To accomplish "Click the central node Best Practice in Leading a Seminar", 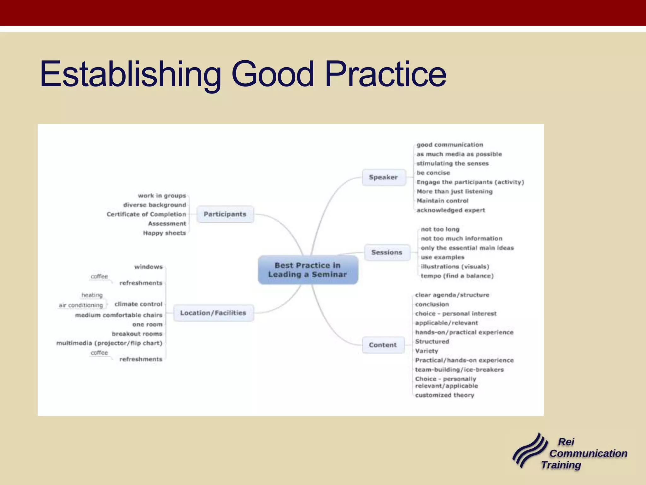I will point(308,270).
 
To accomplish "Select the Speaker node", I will point(383,177).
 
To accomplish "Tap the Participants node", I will point(225,214).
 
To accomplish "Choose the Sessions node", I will point(387,252).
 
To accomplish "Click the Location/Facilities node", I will point(213,313).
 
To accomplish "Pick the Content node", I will point(383,345).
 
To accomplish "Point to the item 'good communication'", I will point(449,145).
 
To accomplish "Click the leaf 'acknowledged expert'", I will point(450,210).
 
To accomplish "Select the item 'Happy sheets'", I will point(164,233).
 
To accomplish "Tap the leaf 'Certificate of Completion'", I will point(146,214).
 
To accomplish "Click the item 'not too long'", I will point(440,229).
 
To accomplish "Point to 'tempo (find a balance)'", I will point(457,276).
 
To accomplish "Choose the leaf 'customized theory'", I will point(444,395).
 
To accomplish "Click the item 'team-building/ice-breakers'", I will point(459,369).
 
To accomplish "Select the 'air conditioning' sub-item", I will point(81,305).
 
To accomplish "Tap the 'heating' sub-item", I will point(92,295).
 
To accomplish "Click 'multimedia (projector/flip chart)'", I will point(109,343).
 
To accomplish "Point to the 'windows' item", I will point(148,267).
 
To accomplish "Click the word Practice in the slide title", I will point(385,74).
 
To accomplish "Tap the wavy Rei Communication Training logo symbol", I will point(529,450).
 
